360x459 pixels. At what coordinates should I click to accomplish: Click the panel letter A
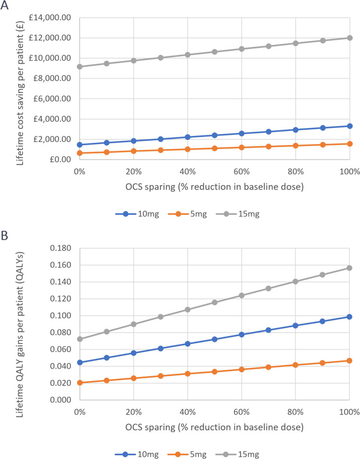click(x=5, y=6)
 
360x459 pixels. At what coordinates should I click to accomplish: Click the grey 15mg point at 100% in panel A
click(x=349, y=38)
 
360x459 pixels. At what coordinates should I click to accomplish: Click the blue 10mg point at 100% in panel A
click(x=349, y=126)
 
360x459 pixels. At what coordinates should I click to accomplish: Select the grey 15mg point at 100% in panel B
click(x=349, y=268)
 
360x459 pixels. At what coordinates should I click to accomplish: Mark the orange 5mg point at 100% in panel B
click(x=349, y=360)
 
